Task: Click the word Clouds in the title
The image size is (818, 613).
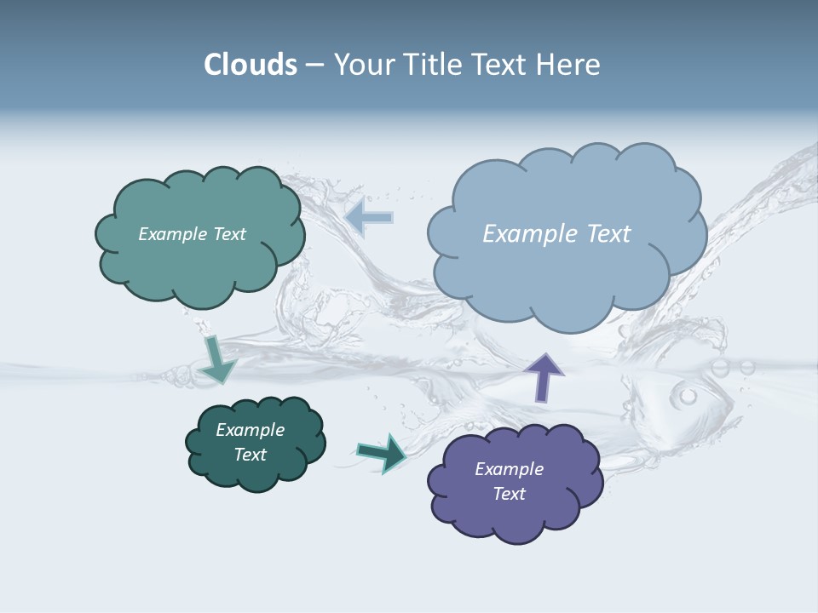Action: click(250, 65)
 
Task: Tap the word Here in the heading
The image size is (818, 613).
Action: click(572, 65)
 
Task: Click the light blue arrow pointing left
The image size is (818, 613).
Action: click(369, 217)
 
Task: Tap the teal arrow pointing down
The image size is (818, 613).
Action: click(216, 360)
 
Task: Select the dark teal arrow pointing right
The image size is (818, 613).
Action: click(381, 453)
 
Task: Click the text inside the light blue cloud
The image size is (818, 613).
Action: click(556, 234)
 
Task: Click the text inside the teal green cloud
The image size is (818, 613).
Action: click(192, 234)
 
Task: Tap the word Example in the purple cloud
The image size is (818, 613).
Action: click(509, 469)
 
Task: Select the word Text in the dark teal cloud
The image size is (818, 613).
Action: click(251, 455)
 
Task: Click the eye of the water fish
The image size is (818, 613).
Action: click(687, 396)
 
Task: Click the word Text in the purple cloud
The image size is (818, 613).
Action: click(509, 494)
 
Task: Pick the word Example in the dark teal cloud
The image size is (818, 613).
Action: click(251, 430)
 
